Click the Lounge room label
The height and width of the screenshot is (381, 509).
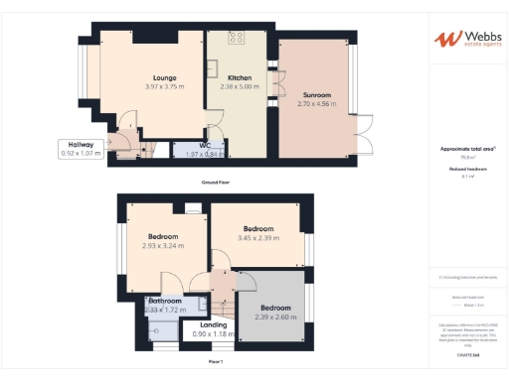click(165, 76)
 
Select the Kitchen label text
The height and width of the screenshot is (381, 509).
click(240, 76)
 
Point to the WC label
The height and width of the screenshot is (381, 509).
click(205, 145)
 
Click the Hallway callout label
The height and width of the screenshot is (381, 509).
click(81, 145)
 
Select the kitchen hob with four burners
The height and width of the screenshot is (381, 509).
click(237, 39)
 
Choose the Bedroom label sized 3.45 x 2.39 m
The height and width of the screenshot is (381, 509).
click(259, 227)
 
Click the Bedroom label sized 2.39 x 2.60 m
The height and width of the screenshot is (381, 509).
click(275, 308)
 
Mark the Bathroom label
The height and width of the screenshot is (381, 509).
click(165, 301)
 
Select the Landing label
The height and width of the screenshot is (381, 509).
click(213, 323)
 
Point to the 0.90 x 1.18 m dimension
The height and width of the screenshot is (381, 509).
click(213, 333)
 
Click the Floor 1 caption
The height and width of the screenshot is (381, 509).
click(216, 362)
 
